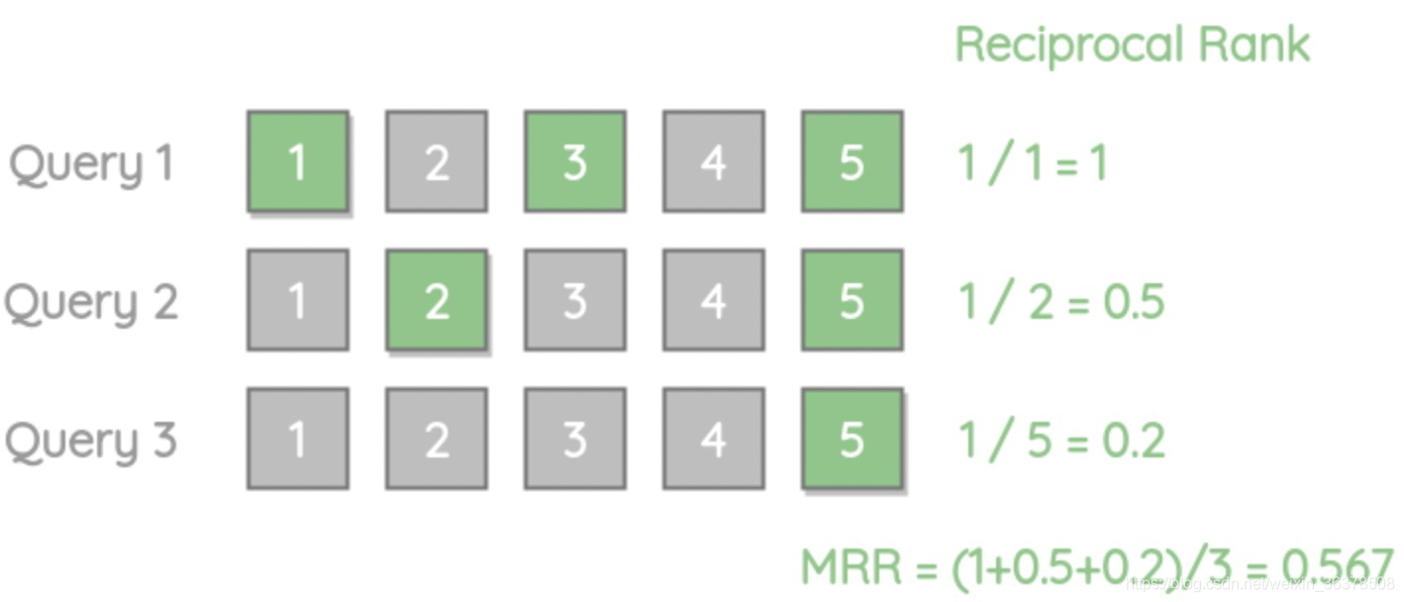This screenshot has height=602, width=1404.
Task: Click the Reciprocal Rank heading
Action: [1132, 46]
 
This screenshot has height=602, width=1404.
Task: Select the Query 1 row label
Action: [91, 163]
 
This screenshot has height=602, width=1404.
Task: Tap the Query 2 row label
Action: [91, 302]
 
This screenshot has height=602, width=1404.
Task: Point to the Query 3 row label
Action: [91, 441]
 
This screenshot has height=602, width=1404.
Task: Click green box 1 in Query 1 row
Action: [297, 161]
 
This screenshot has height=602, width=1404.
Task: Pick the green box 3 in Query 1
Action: [575, 161]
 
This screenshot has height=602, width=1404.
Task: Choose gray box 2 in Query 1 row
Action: [437, 161]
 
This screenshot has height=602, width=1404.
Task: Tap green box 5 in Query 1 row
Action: [852, 161]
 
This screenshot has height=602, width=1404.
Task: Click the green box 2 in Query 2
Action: [437, 300]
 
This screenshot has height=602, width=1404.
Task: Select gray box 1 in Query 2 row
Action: [297, 300]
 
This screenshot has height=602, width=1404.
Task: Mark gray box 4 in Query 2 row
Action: [714, 300]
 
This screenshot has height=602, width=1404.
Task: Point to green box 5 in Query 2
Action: [852, 300]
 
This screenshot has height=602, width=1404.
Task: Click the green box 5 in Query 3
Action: [852, 439]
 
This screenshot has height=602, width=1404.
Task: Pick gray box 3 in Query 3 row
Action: [575, 439]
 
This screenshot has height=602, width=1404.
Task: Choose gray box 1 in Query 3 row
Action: [297, 439]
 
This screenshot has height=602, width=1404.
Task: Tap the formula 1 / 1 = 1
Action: [1032, 162]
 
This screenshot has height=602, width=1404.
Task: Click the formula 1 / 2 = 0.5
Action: [1060, 301]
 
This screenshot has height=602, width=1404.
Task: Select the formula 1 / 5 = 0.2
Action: [1060, 440]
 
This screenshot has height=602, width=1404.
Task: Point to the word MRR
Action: [852, 568]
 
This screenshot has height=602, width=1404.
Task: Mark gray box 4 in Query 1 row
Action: [714, 161]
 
